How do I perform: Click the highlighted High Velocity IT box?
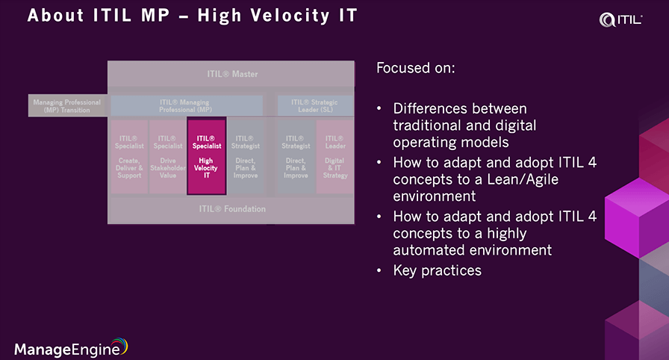pyautogui.click(x=206, y=156)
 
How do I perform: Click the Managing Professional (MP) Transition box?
pyautogui.click(x=68, y=105)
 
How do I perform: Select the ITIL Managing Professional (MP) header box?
pyautogui.click(x=186, y=105)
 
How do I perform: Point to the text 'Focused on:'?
pyautogui.click(x=416, y=69)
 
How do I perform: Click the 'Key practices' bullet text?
pyautogui.click(x=437, y=270)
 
